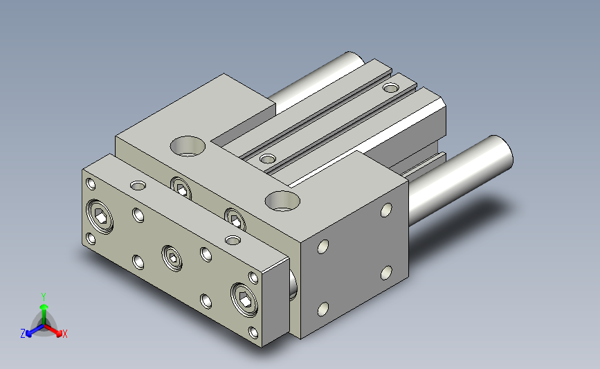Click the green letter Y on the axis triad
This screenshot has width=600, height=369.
point(44,297)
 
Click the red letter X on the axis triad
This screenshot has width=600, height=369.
point(64,334)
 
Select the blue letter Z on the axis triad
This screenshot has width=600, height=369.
point(23,334)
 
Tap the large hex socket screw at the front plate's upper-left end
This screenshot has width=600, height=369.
point(100,216)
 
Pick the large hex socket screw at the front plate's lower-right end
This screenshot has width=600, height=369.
point(244,300)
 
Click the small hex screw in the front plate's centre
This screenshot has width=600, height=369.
point(172,258)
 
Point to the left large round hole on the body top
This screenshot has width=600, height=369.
point(188,146)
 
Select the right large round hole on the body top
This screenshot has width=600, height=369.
point(282,201)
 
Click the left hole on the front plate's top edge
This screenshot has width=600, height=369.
point(138,186)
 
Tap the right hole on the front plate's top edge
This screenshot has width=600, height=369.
point(233,240)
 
